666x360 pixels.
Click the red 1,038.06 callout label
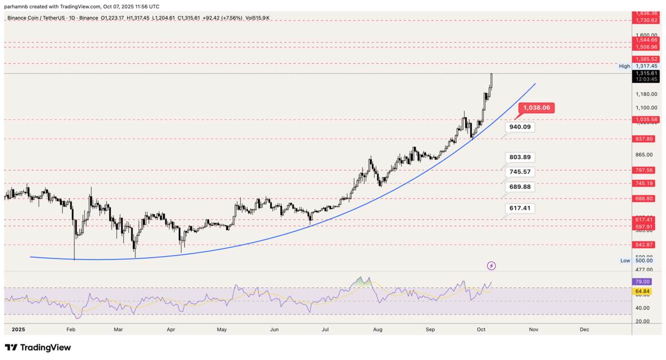pyautogui.click(x=536, y=108)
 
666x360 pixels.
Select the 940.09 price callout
pyautogui.click(x=520, y=127)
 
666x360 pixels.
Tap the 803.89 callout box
pyautogui.click(x=520, y=157)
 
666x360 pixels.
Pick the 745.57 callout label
pyautogui.click(x=520, y=172)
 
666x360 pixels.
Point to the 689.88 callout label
pyautogui.click(x=520, y=187)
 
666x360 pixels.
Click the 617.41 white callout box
pyautogui.click(x=520, y=208)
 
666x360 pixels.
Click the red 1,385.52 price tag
pyautogui.click(x=647, y=59)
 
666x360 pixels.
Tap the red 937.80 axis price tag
pyautogui.click(x=647, y=139)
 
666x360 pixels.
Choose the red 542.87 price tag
pyautogui.click(x=647, y=245)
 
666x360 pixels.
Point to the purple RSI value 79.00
pyautogui.click(x=643, y=282)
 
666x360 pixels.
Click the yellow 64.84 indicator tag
pyautogui.click(x=643, y=291)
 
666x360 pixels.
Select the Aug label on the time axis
pyautogui.click(x=378, y=329)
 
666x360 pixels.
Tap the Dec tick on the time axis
pyautogui.click(x=584, y=329)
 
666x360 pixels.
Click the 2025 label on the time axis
pyautogui.click(x=19, y=329)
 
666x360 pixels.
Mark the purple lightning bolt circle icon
pyautogui.click(x=491, y=266)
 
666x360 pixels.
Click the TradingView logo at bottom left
pyautogui.click(x=38, y=348)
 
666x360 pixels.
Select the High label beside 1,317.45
pyautogui.click(x=624, y=66)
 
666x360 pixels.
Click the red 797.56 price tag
pyautogui.click(x=647, y=170)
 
